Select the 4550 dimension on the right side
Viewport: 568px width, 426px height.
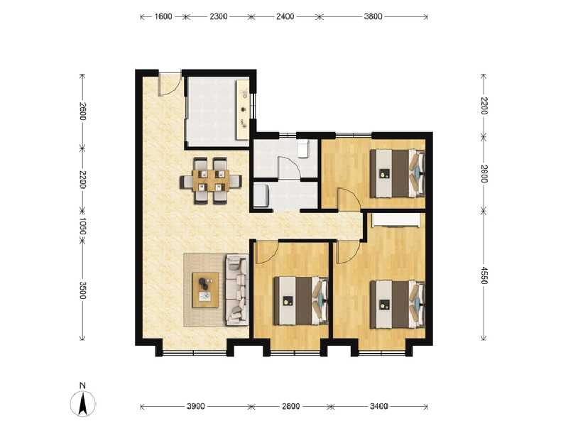click(484, 275)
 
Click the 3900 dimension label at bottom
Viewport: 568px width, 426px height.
click(196, 407)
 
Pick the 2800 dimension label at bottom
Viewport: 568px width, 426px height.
click(290, 407)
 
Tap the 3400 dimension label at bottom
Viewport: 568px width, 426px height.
click(378, 407)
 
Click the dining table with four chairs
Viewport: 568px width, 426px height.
click(209, 180)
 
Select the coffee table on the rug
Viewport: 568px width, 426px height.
click(206, 289)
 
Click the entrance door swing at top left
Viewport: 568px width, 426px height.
click(168, 84)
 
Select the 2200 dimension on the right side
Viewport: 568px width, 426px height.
click(484, 106)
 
